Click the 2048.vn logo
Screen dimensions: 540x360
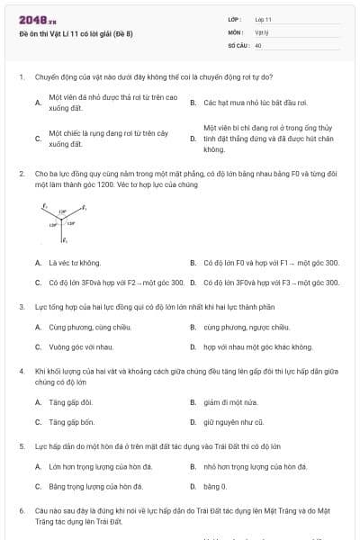(x=31, y=19)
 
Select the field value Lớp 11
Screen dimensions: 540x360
(x=264, y=19)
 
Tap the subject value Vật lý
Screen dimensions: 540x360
(x=262, y=31)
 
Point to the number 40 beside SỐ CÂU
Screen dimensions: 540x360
(x=258, y=44)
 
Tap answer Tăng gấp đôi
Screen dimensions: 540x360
(x=70, y=401)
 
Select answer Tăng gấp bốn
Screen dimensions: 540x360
(x=71, y=421)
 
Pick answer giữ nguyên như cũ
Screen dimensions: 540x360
(x=233, y=421)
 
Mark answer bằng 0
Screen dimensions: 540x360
(x=215, y=486)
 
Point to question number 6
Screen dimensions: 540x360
(x=21, y=510)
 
